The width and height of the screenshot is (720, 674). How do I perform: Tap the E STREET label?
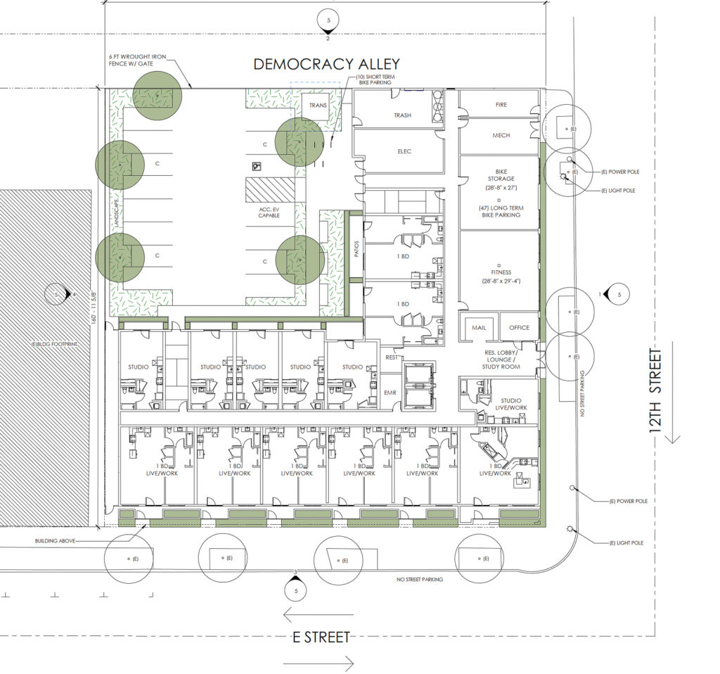tap(321, 637)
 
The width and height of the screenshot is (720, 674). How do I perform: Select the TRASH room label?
tap(402, 115)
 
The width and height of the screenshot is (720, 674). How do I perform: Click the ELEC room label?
tap(404, 151)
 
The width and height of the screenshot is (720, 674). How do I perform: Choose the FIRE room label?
tap(501, 105)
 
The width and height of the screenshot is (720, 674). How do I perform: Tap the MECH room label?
tap(501, 136)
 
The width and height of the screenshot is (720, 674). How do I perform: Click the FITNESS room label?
tap(501, 272)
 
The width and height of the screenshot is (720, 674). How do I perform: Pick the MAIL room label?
tap(479, 328)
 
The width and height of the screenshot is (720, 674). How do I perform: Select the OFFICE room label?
tap(519, 328)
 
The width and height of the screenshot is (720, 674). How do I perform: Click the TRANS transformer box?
tap(316, 106)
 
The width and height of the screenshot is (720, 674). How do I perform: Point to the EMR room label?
tap(391, 393)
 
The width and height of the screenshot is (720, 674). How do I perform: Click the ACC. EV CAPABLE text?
tap(269, 211)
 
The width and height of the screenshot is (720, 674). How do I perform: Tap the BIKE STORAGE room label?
tap(501, 174)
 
